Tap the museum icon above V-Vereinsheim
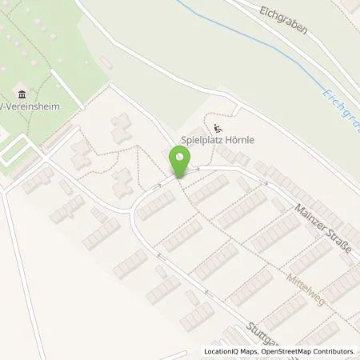[21, 94]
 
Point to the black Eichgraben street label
[282, 17]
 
